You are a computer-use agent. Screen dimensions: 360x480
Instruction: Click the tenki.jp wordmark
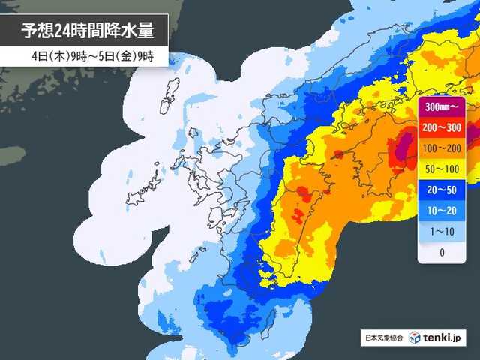[x=443, y=337]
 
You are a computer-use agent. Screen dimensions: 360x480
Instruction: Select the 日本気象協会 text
[x=382, y=338]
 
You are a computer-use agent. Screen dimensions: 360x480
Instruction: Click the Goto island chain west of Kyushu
[x=150, y=184]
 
